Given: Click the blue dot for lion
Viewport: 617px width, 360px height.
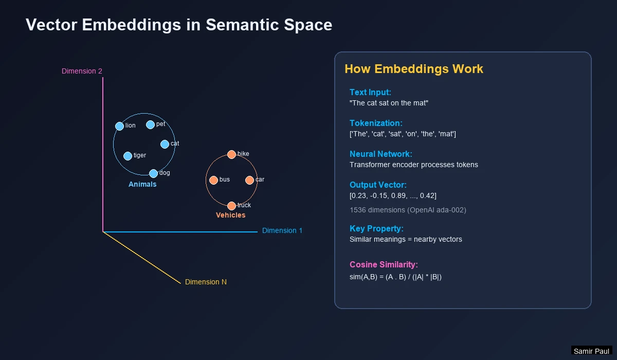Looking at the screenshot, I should tap(119, 126).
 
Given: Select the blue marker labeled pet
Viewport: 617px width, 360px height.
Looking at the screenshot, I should tap(150, 124).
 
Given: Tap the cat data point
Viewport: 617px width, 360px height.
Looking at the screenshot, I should tap(165, 144).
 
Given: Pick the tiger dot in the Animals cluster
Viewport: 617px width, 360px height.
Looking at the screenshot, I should tap(128, 156).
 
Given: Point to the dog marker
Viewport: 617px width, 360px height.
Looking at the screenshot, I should tap(153, 173).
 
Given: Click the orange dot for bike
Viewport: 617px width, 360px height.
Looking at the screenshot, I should tap(231, 154).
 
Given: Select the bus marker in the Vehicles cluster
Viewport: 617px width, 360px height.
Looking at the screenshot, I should tap(213, 180).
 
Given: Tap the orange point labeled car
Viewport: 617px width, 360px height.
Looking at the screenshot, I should tap(249, 180).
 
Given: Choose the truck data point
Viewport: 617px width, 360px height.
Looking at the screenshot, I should tap(231, 206).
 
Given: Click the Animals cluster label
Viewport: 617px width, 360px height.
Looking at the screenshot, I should tap(142, 184).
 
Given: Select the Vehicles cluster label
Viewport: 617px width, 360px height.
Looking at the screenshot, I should tap(230, 215).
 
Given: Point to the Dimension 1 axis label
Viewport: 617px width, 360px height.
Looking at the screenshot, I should tap(282, 230).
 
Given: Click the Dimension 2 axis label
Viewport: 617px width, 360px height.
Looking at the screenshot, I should tap(82, 71).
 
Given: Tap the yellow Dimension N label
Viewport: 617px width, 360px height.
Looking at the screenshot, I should tap(206, 282).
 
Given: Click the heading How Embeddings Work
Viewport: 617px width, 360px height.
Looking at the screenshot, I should tap(414, 69).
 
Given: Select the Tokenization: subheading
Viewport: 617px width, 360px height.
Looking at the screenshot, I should tap(376, 123).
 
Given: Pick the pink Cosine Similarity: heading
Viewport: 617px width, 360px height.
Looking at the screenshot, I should tap(384, 264).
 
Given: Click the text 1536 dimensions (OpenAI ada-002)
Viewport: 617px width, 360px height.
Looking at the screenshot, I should tap(408, 210).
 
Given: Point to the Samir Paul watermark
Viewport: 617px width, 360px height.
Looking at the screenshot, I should tap(591, 351).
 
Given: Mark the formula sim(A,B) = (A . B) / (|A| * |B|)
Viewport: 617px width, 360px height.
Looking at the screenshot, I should tap(395, 277).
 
